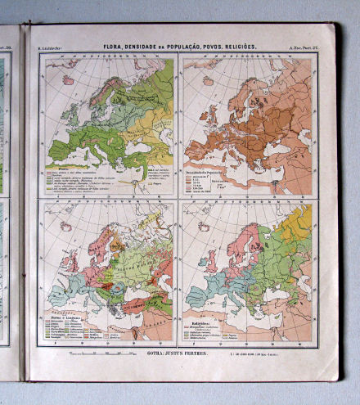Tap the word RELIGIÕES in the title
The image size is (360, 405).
click(237, 47)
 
